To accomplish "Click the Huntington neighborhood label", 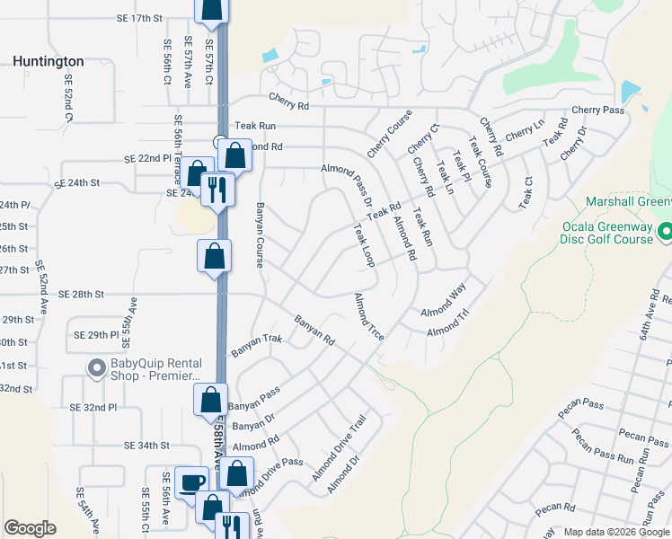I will pyautogui.click(x=49, y=61).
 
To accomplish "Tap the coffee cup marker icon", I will pyautogui.click(x=190, y=483).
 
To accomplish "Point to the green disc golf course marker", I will pyautogui.click(x=665, y=233).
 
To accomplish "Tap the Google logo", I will pyautogui.click(x=31, y=528).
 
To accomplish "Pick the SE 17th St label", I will pyautogui.click(x=144, y=18).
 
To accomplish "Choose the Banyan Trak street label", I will pyautogui.click(x=257, y=341).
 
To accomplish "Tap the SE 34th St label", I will pyautogui.click(x=147, y=445).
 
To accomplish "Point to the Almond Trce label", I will pyautogui.click(x=369, y=316).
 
